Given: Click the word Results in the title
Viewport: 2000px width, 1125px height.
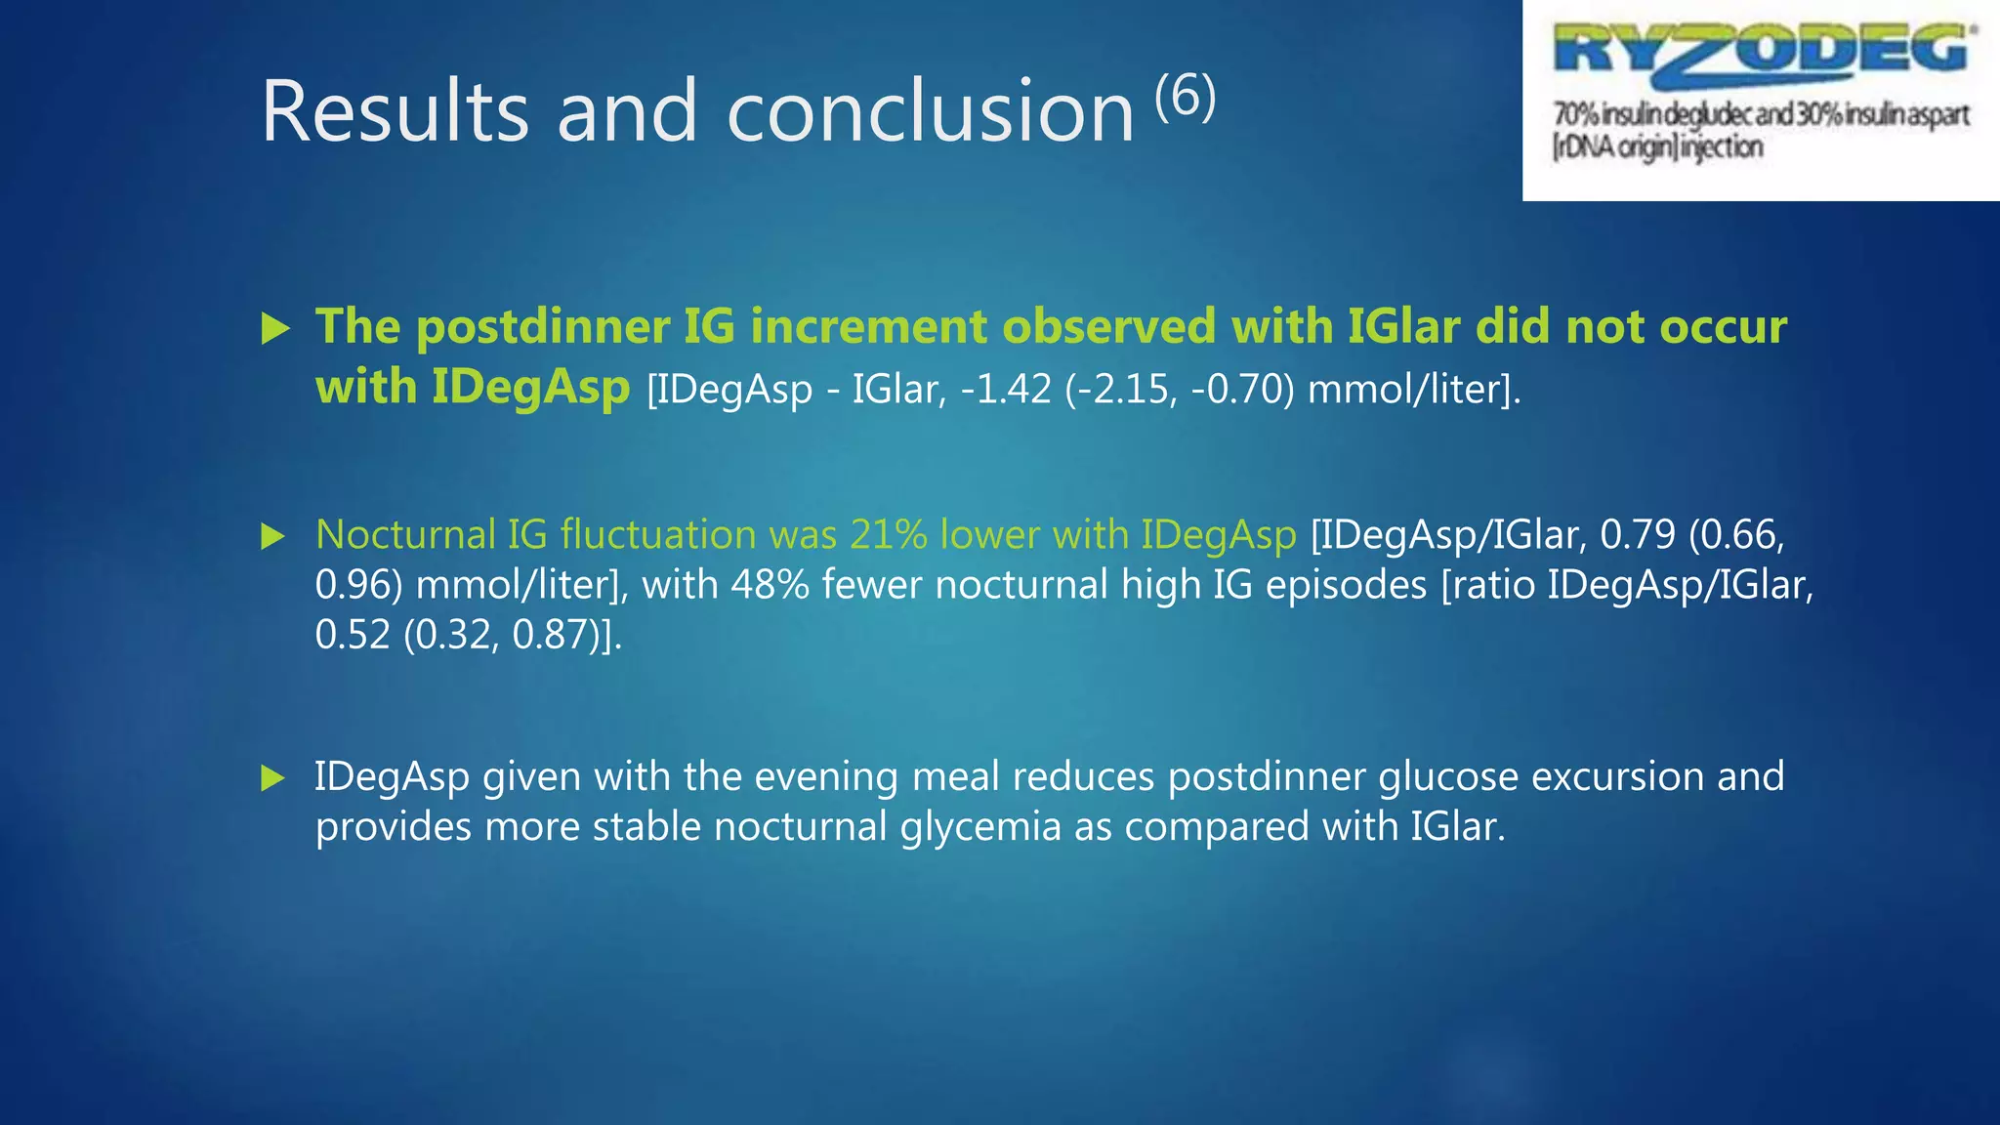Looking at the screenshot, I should [x=396, y=111].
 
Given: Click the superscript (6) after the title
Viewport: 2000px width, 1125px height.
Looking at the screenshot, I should [x=1186, y=97].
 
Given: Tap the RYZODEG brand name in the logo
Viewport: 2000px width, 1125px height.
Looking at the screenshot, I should [x=1762, y=51].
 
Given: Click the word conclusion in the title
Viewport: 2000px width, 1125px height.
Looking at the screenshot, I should [x=931, y=111].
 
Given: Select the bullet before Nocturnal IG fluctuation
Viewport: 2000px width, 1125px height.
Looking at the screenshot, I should [x=273, y=536].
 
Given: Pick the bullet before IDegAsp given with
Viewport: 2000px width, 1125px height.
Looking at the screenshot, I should [x=273, y=778].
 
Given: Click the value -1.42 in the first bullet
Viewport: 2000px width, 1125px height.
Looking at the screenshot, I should [x=1006, y=390].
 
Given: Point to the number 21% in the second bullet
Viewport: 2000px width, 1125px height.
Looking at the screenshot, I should [x=888, y=535].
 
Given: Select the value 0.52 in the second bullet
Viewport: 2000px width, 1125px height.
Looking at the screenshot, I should [x=353, y=635].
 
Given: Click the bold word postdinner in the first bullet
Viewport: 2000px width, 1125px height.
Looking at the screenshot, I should [x=542, y=326].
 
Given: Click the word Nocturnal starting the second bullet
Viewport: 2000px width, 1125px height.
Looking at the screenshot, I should [x=405, y=535].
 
